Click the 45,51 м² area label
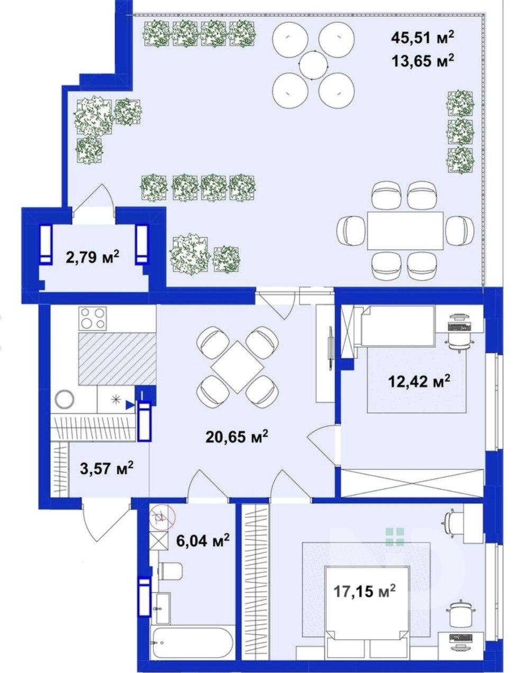(422, 38)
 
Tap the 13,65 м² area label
(422, 61)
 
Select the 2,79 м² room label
(93, 257)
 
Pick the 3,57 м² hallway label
(106, 468)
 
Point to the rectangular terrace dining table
(405, 231)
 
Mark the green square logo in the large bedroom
(395, 537)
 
